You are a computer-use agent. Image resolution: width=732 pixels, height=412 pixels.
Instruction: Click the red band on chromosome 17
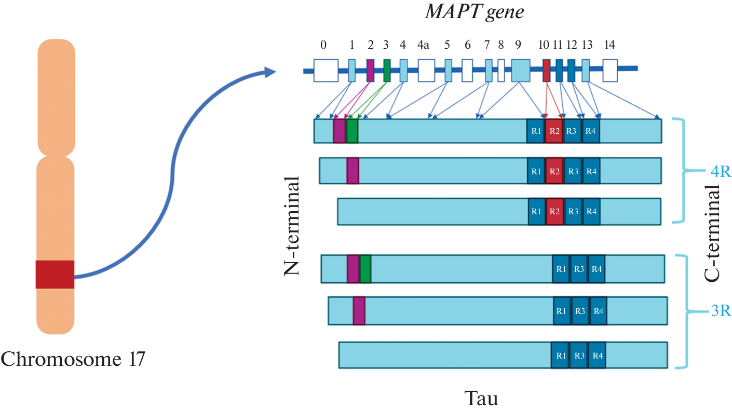[55, 274]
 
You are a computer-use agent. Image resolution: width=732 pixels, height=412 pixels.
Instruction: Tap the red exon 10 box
[546, 70]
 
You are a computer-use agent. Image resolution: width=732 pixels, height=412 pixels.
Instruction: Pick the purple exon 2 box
[370, 70]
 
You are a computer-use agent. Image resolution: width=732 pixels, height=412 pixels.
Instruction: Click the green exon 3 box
[387, 70]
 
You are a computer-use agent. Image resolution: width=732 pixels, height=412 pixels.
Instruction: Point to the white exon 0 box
[326, 70]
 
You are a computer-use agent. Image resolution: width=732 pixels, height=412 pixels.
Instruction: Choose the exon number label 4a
[423, 45]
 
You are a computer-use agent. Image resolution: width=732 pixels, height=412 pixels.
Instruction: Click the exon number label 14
[610, 45]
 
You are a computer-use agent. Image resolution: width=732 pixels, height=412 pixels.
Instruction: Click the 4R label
[720, 172]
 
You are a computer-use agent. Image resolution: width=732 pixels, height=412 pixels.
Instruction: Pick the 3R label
[720, 312]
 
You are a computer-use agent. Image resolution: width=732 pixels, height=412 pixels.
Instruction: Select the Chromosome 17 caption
[73, 358]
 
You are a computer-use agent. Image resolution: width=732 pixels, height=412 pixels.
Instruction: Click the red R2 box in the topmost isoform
[554, 131]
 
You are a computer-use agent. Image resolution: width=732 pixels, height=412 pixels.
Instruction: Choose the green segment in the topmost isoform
[352, 131]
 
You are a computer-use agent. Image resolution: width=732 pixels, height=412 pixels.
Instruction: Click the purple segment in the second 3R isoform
[359, 311]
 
